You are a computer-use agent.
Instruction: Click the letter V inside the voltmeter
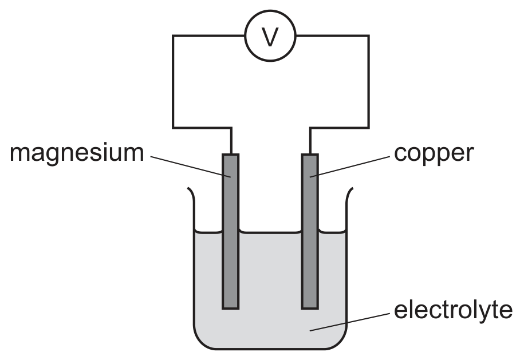[x=270, y=36]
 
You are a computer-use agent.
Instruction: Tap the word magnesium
[x=77, y=154]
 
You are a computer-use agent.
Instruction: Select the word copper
[x=434, y=155]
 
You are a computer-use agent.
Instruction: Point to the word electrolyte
[x=453, y=311]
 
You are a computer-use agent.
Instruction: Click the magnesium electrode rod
[x=230, y=231]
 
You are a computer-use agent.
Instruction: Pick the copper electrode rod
[x=310, y=231]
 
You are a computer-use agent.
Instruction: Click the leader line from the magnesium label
[x=191, y=167]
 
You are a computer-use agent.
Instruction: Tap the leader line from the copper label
[x=350, y=167]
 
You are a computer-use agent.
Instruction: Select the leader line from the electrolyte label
[x=350, y=321]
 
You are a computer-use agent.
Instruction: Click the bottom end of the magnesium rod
[x=230, y=309]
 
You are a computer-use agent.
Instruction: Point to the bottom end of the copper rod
[x=310, y=309]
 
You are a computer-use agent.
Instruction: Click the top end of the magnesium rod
[x=230, y=154]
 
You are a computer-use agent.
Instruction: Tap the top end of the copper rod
[x=310, y=154]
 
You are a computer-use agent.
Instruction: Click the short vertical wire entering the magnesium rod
[x=231, y=141]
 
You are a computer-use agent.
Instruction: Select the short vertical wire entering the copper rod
[x=310, y=141]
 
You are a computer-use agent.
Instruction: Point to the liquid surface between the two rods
[x=270, y=232]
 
